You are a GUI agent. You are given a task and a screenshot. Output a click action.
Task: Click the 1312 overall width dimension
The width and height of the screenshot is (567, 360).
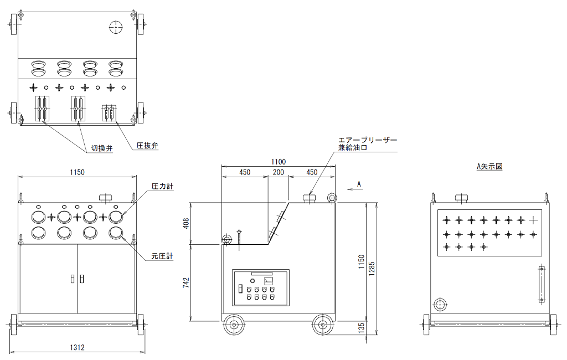point(77,347)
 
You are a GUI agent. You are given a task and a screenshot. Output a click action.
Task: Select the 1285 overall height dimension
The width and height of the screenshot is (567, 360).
point(372,269)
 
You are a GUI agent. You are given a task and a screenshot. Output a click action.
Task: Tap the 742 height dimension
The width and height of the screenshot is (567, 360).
point(186,282)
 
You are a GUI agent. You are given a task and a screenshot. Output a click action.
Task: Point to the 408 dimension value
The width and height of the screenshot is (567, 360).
point(186,223)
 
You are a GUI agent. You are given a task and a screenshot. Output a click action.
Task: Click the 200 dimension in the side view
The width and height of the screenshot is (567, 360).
point(278,172)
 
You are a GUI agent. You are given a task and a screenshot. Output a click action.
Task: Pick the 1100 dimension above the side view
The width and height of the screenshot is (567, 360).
point(278,162)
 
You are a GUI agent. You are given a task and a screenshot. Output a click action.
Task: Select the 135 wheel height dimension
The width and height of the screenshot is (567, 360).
point(361,328)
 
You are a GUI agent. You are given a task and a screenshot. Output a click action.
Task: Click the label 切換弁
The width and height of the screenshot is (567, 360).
point(102,148)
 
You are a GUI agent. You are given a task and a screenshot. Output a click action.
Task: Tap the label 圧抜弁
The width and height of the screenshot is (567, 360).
point(147,146)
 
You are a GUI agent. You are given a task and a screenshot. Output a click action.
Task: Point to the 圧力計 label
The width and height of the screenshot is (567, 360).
point(162,186)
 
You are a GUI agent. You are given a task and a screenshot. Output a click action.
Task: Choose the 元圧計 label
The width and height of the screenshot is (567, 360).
point(162,256)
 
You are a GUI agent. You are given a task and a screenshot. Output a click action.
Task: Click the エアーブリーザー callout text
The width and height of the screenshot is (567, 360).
point(368,140)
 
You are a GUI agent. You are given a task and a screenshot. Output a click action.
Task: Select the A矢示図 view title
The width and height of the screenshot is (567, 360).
point(489,167)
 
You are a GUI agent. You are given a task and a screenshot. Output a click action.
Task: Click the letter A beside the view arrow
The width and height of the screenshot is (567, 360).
point(359,184)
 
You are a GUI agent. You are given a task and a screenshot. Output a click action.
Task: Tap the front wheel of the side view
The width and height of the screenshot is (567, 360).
point(233,325)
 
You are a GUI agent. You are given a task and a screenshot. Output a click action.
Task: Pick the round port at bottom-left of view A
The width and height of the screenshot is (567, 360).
point(440,305)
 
